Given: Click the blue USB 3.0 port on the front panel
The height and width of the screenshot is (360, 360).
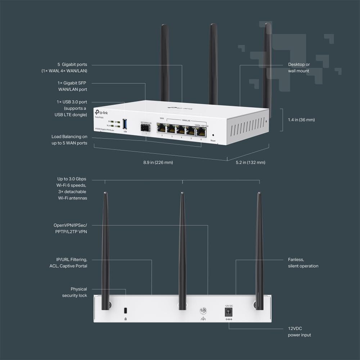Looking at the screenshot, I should click(x=125, y=124).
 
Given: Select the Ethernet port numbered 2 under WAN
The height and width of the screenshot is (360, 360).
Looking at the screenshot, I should click(x=162, y=129).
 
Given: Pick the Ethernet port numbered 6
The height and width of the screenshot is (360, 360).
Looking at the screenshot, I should click(x=201, y=132).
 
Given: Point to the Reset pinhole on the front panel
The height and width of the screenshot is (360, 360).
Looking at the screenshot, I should click(x=213, y=135).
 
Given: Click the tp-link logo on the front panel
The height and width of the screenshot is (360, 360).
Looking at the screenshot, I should click(x=100, y=112).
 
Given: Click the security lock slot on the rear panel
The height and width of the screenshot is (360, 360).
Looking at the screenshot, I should click(x=125, y=311).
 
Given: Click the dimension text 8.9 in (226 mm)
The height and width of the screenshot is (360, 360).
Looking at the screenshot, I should click(x=158, y=162).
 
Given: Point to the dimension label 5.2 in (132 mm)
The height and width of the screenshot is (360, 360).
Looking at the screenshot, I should click(x=250, y=162).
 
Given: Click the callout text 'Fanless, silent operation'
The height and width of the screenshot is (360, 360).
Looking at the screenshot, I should click(x=303, y=263).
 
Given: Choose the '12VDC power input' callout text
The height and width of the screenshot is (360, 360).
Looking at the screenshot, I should click(x=299, y=332).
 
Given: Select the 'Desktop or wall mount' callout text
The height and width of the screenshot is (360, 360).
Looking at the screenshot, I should click(x=298, y=68).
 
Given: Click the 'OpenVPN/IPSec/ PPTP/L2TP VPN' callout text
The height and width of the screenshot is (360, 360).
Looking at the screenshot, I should click(x=70, y=228).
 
